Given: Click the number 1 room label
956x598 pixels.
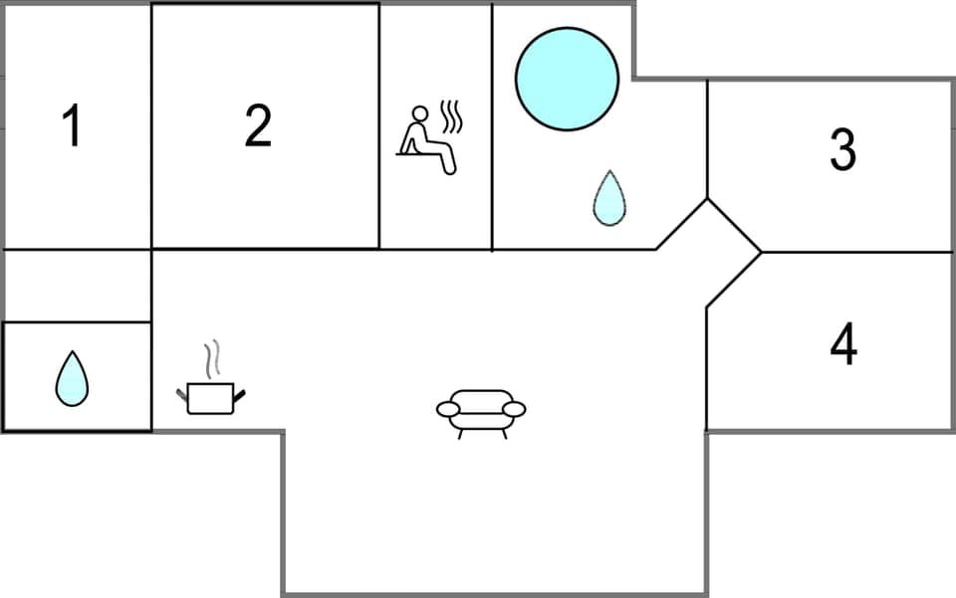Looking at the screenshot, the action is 71,127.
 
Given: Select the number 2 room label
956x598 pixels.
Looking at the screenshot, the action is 258,126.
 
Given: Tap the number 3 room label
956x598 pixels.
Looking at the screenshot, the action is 842,149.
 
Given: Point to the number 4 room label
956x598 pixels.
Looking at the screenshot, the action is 842,344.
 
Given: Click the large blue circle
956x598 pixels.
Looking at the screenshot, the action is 567,79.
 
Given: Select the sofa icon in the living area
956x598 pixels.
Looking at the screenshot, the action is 481,411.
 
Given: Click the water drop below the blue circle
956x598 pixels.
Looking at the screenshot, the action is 609,198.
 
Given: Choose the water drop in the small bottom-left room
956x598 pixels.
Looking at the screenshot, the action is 72,378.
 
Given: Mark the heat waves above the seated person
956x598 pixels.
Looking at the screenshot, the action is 452,117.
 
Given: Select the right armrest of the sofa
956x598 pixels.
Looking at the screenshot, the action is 515,408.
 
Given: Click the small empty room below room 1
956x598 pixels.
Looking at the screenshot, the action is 78,286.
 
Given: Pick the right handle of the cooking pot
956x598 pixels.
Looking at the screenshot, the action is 239,396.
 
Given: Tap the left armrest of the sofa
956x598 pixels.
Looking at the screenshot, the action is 447,408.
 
